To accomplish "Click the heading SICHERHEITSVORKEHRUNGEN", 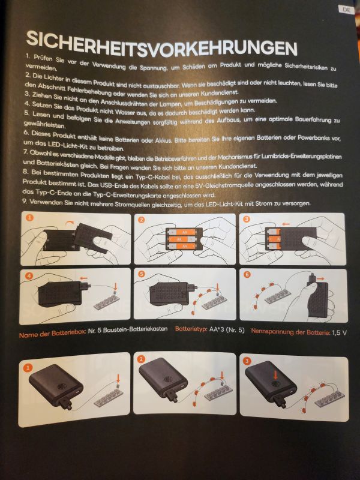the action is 161,44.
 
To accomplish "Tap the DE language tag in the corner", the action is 346,10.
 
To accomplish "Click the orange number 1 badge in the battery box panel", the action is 29,218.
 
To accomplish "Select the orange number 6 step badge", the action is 247,274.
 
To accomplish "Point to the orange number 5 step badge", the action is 141,274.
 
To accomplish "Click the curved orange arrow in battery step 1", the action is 70,222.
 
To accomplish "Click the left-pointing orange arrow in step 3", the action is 286,224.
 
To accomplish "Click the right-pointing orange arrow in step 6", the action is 320,279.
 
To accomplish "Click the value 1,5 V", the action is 339,332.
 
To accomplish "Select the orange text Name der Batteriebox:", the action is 52,334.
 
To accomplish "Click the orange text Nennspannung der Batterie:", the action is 290,332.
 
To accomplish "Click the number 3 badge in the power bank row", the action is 247,361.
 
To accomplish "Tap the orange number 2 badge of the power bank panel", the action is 142,359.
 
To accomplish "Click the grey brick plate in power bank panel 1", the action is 109,398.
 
